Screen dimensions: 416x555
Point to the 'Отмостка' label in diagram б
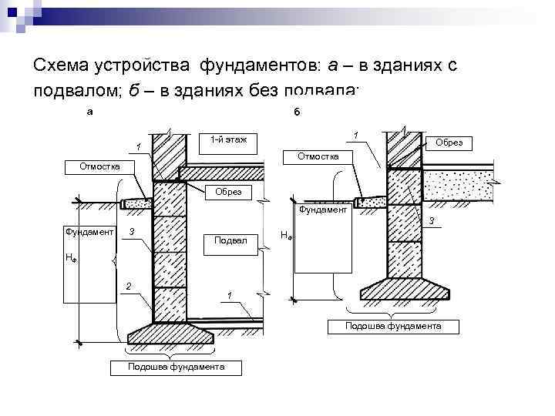click(x=318, y=156)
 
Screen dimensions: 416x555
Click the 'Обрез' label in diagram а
click(x=228, y=191)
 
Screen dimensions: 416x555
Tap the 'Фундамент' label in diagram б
click(x=322, y=209)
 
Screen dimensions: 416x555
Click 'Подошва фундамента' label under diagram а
click(x=177, y=366)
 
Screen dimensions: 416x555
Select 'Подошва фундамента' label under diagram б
click(x=393, y=327)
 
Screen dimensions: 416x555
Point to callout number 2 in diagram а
click(x=129, y=287)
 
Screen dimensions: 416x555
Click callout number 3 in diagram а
click(x=133, y=232)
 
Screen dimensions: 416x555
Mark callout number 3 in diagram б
click(x=432, y=221)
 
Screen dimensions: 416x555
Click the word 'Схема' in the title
click(x=59, y=65)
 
